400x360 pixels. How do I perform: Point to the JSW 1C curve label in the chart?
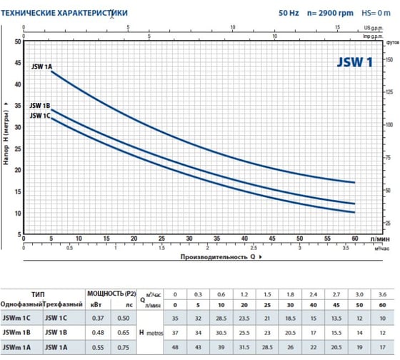39,115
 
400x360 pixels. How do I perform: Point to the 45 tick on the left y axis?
18,61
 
